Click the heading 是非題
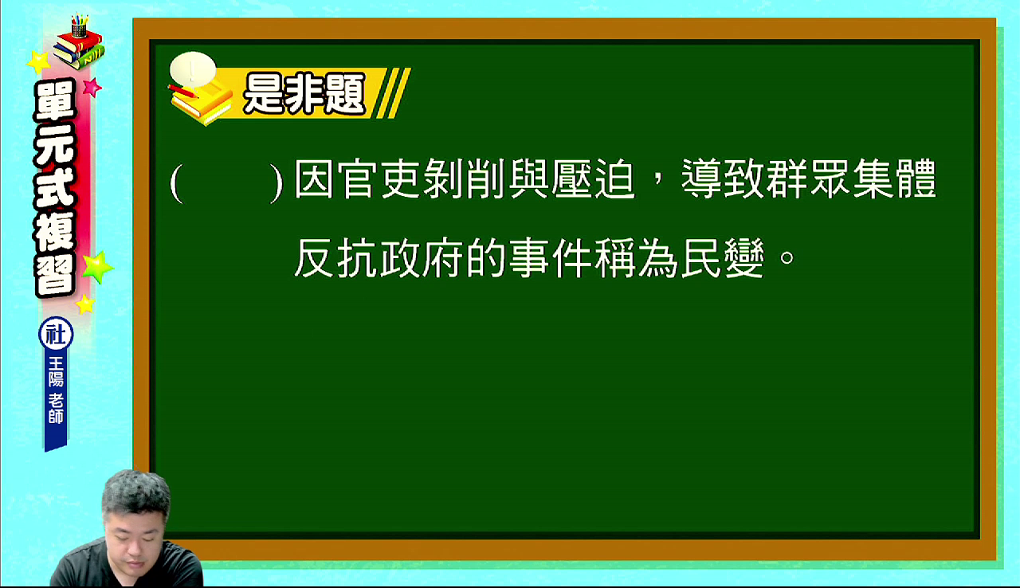[304, 94]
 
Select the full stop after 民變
[787, 257]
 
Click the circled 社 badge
[56, 335]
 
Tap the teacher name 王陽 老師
[56, 390]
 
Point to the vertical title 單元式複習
[56, 188]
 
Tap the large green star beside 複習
[97, 267]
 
